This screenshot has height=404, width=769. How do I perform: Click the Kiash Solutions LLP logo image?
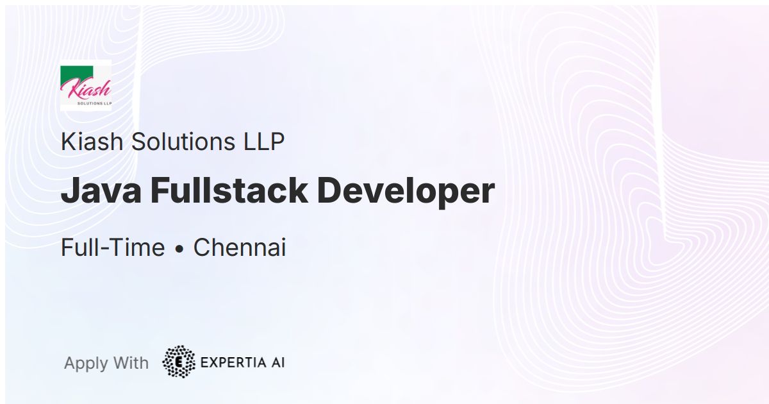86,85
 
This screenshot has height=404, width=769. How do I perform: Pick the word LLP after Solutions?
263,142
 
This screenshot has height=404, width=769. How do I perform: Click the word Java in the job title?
101,191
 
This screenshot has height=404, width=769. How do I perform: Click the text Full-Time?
113,248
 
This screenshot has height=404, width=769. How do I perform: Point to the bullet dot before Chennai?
179,249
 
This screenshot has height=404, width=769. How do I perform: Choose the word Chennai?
240,248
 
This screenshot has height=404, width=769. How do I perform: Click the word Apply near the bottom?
86,364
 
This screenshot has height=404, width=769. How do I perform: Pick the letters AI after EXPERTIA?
277,362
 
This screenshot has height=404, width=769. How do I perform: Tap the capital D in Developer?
329,191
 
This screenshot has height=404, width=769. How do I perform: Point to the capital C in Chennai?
202,248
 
